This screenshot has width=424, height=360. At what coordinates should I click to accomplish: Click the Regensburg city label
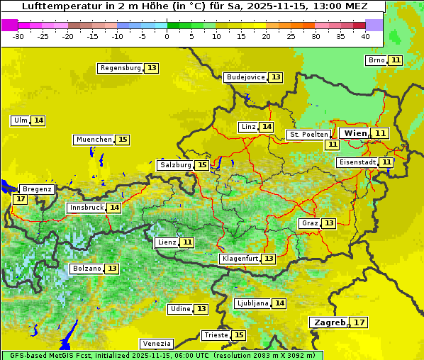coord(120,68)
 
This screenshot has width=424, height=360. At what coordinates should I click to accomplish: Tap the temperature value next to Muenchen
coord(123,140)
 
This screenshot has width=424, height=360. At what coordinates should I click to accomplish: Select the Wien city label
coord(355,133)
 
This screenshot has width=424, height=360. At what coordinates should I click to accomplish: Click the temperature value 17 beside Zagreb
coord(359,322)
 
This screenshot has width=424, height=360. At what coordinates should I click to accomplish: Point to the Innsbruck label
coord(86,208)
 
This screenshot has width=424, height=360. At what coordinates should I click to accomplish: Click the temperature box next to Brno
coord(395,60)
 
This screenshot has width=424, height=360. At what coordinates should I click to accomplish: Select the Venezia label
coord(156,343)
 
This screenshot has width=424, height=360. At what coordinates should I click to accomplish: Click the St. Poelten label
coord(308,134)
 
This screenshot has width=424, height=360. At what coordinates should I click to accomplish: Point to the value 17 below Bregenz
coord(20,199)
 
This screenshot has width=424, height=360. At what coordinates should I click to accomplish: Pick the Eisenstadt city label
coord(357,162)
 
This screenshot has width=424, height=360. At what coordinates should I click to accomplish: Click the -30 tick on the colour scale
coord(19,36)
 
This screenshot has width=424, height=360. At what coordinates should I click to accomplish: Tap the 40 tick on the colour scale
coord(365,36)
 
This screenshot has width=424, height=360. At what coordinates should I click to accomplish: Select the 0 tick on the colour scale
coord(167,36)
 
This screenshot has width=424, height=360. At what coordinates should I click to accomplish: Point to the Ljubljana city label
coord(252,303)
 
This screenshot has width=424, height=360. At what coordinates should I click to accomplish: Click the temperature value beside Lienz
coord(186,242)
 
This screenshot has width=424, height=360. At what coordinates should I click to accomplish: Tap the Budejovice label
coord(245,77)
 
